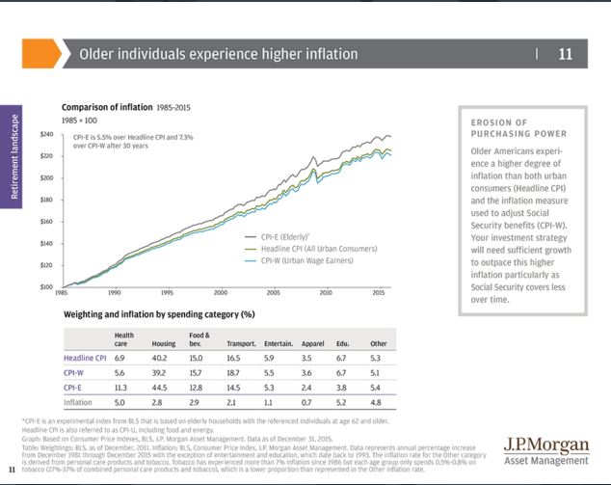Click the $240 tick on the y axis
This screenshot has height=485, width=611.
click(45, 134)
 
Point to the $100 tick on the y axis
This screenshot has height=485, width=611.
click(45, 286)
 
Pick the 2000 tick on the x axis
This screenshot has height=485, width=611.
click(221, 293)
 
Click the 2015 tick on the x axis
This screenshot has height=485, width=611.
click(380, 293)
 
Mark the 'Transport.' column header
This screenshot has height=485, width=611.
click(241, 343)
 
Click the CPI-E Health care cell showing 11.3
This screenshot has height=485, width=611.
click(120, 388)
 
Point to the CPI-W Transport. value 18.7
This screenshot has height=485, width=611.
click(238, 372)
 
